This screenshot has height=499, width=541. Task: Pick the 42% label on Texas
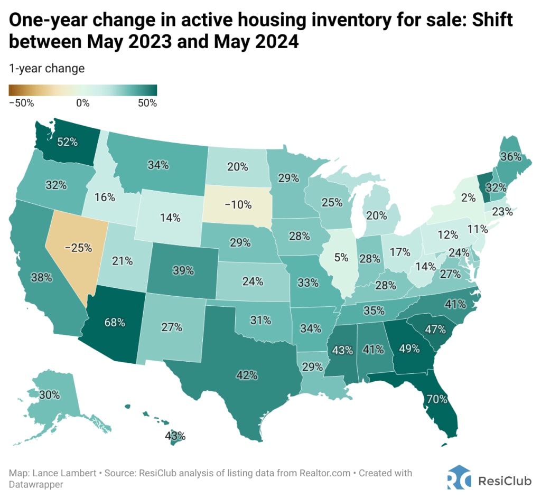pyautogui.click(x=247, y=375)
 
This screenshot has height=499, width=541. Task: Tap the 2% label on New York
pyautogui.click(x=453, y=199)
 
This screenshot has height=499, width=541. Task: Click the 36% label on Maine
pyautogui.click(x=511, y=157)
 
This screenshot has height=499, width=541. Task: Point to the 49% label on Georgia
pyautogui.click(x=409, y=349)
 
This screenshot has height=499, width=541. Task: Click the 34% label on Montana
pyautogui.click(x=158, y=165)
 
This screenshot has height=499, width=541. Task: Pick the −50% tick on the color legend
pyautogui.click(x=21, y=102)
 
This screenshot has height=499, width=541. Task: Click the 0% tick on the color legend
pyautogui.click(x=82, y=102)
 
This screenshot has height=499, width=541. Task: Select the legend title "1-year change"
pyautogui.click(x=46, y=68)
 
